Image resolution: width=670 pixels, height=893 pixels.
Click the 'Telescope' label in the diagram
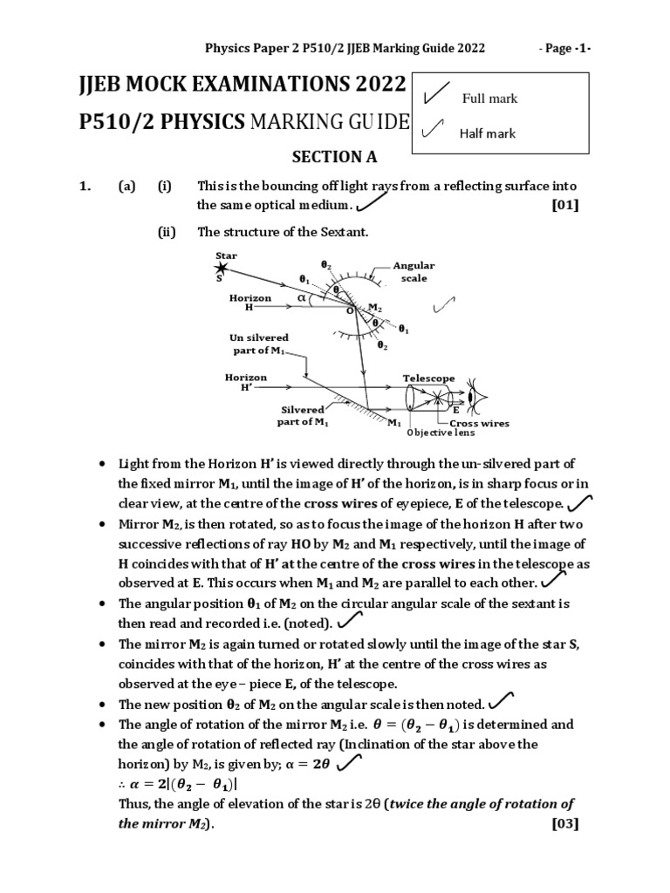(428, 378)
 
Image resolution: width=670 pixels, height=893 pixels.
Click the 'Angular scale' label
(414, 272)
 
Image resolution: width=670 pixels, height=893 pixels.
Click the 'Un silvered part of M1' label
(258, 344)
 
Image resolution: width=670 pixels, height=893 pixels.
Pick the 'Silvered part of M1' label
(303, 415)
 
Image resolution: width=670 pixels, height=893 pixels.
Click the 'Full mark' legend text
(489, 99)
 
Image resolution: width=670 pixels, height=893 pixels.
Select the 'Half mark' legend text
(487, 133)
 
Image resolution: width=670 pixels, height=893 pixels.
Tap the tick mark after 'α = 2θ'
(349, 763)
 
